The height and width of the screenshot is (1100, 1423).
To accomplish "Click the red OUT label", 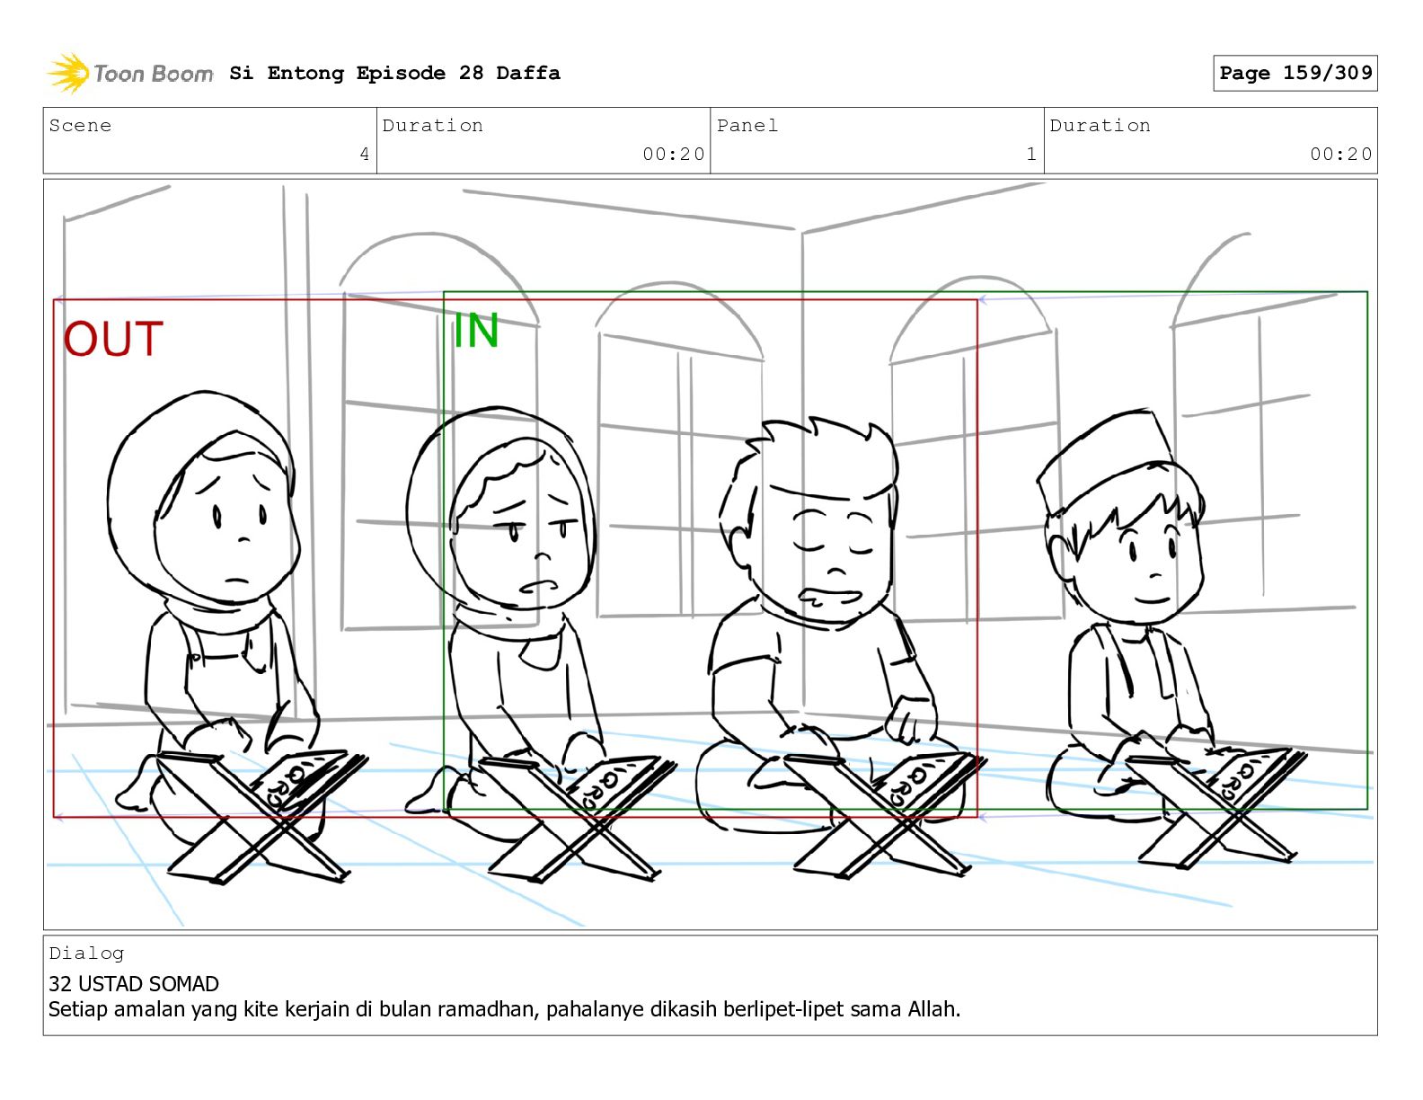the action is coord(112,339).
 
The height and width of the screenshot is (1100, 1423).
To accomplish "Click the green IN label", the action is coord(476,330).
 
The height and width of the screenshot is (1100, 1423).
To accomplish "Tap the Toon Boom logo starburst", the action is coord(68,73).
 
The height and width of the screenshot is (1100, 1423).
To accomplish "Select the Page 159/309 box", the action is coord(1295,73).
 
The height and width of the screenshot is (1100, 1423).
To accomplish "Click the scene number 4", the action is coord(365,154).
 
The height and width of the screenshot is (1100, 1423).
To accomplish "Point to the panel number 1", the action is coord(1031,154).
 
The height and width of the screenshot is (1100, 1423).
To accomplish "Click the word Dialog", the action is coord(86,954).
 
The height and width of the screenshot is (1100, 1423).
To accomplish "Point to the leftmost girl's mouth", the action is coord(237,581).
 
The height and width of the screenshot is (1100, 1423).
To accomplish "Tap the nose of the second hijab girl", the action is coord(543,557).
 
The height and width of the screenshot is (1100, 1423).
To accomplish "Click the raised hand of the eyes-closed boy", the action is coord(910,721).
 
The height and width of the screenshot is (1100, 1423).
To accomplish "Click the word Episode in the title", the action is coord(401,73).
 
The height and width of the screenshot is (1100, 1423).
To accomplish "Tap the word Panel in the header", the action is coord(747,125).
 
